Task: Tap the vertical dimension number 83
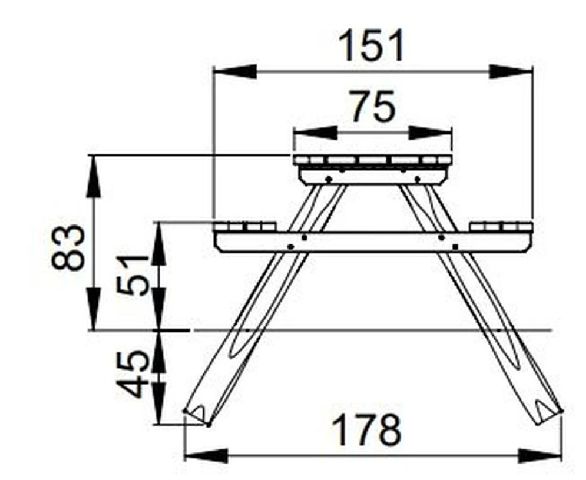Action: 67,247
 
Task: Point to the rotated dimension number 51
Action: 132,275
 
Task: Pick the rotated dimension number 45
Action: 132,374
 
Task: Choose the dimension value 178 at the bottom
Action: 366,430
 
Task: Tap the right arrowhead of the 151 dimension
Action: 510,71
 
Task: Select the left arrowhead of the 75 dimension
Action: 315,133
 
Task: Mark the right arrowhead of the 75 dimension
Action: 430,133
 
